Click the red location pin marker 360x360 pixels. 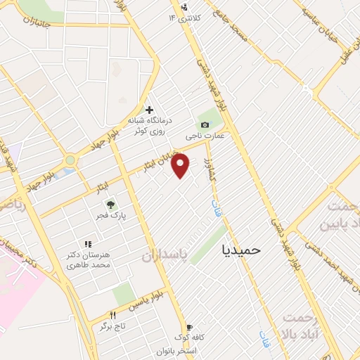click(181, 165)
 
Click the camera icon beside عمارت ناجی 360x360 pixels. click(205, 124)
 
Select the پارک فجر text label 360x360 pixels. click(109, 215)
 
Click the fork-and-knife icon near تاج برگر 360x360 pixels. click(112, 315)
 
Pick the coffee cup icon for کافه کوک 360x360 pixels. click(188, 327)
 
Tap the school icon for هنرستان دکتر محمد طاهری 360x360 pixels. click(87, 244)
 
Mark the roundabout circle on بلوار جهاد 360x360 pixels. click(70, 161)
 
